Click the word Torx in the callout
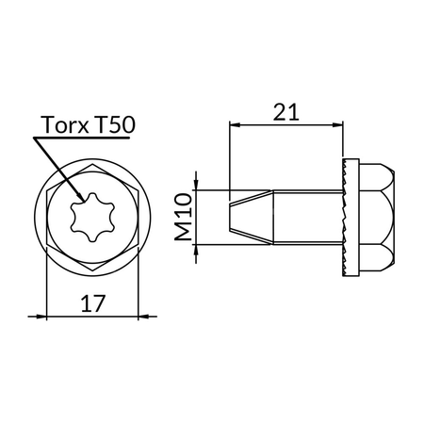point(64,125)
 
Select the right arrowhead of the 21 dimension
point(342,125)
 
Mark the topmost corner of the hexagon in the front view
point(91,161)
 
